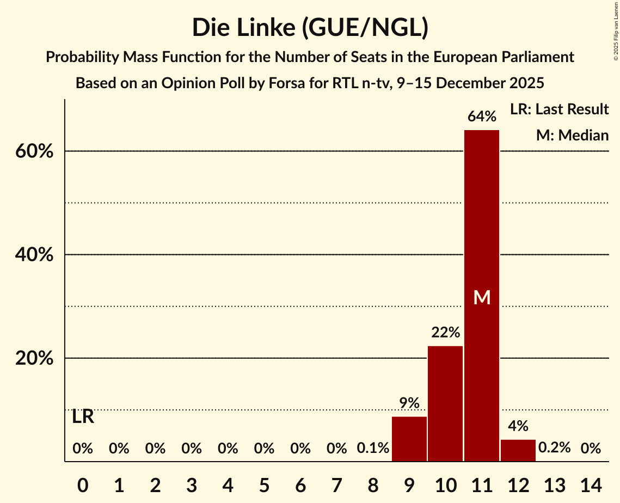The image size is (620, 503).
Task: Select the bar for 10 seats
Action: click(445, 403)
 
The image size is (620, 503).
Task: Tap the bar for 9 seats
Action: click(409, 439)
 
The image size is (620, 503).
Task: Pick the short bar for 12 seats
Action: click(518, 450)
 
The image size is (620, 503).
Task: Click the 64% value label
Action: click(482, 116)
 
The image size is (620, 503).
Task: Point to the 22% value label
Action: click(445, 332)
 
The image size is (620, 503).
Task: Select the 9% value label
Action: click(409, 403)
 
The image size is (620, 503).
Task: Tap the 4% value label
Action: click(518, 426)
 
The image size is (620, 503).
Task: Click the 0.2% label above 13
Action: click(554, 448)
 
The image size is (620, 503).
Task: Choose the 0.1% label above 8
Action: click(373, 449)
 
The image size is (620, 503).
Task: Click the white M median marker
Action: click(482, 297)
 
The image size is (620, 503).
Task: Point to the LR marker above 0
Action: click(83, 417)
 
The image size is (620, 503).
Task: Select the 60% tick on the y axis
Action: click(34, 151)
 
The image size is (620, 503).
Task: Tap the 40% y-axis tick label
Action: click(34, 255)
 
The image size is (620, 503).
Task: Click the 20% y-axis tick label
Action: click(34, 359)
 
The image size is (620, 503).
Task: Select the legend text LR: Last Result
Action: click(559, 109)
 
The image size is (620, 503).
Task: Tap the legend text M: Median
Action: click(572, 135)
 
